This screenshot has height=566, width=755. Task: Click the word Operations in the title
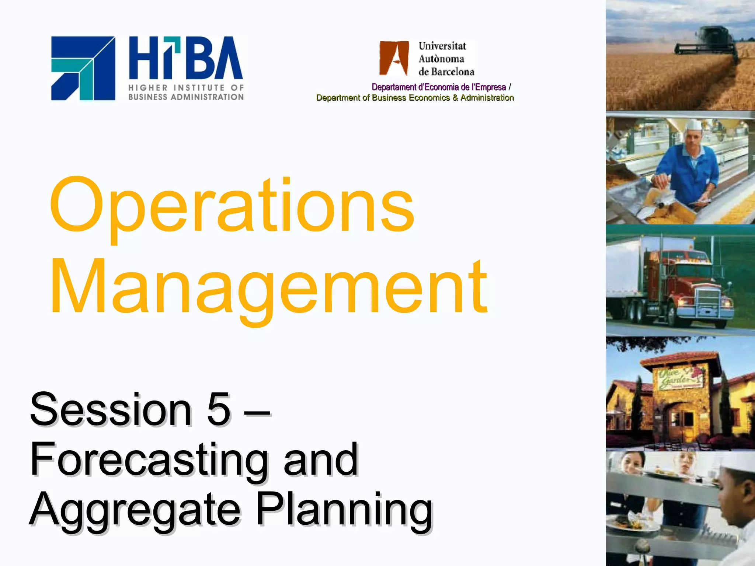(x=232, y=206)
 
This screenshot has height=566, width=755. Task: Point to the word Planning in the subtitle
(x=344, y=510)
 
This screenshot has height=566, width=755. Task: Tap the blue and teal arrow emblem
(x=83, y=68)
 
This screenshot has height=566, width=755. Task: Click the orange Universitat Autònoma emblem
(x=394, y=58)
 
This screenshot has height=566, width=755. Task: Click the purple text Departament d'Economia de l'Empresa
(x=439, y=87)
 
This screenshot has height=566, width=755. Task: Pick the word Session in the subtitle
(x=111, y=409)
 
